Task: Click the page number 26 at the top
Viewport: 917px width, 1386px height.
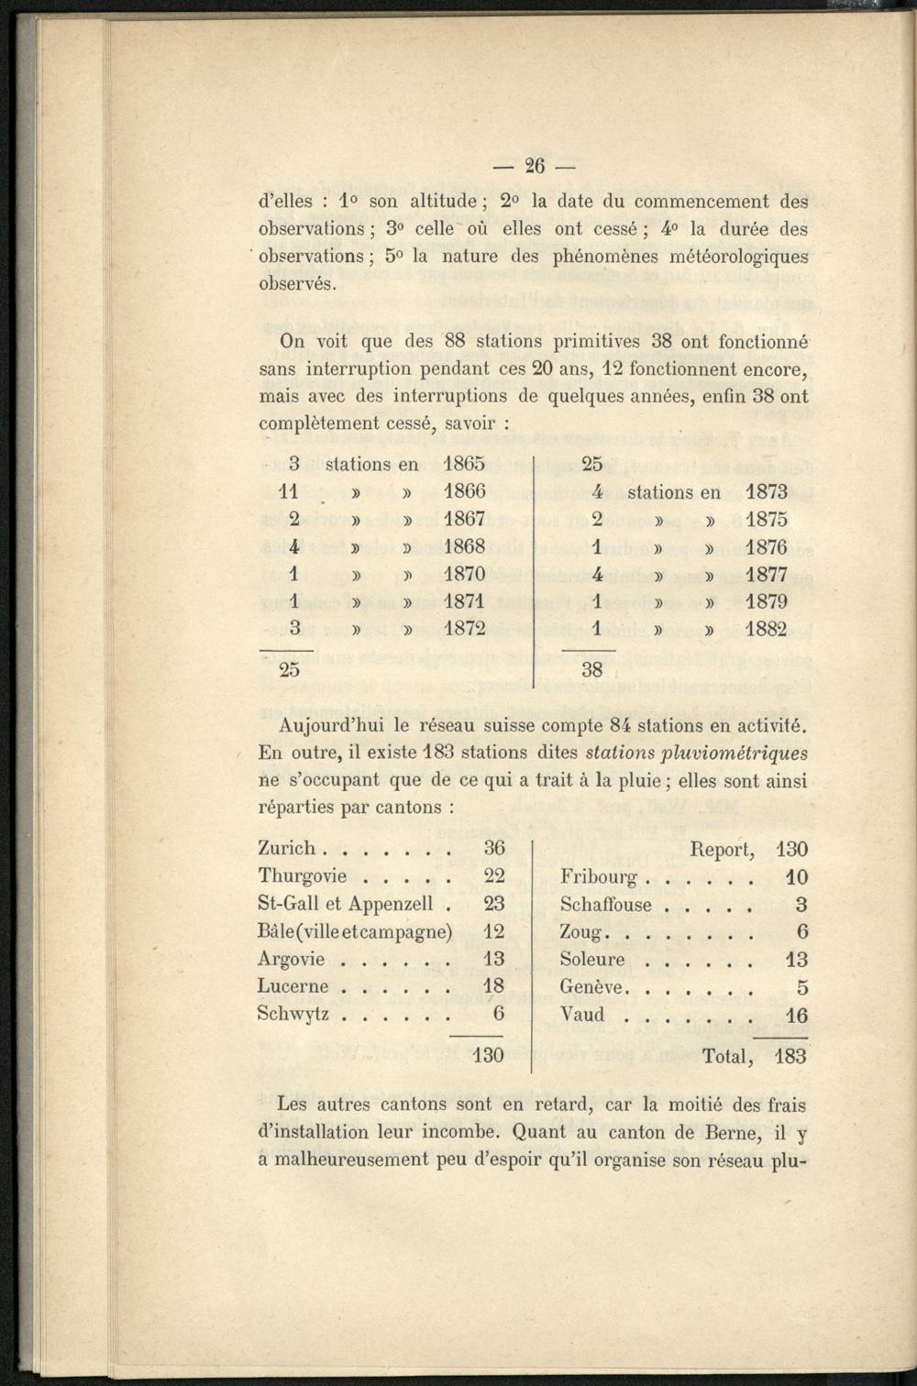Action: [x=535, y=166]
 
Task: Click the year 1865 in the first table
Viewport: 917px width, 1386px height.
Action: [x=464, y=465]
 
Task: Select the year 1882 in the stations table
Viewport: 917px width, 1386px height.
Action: [x=766, y=630]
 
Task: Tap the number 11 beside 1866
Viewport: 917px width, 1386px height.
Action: [x=289, y=492]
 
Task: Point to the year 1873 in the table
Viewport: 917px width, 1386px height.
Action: [x=766, y=492]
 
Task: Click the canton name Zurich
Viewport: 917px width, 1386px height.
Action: [x=287, y=849]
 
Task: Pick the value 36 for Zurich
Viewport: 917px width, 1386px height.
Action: [x=494, y=849]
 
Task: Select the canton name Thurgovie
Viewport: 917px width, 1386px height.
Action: [x=303, y=876]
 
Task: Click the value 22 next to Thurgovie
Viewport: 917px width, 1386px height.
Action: [x=494, y=876]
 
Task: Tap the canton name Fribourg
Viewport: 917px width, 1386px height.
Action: [x=598, y=877]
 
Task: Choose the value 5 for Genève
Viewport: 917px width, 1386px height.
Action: [x=801, y=987]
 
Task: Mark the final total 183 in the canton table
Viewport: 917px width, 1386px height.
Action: [x=790, y=1057]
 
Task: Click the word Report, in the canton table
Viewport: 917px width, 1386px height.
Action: [x=722, y=850]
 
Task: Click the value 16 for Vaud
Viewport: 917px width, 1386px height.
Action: [x=796, y=1015]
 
